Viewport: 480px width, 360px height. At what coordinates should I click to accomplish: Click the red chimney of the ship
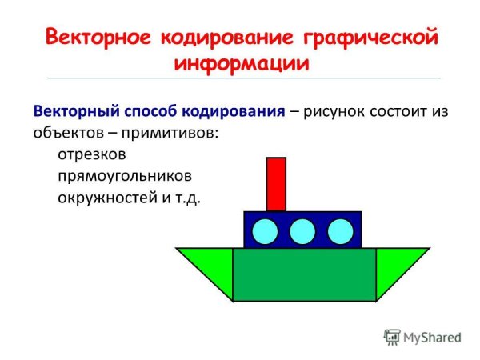[276, 184]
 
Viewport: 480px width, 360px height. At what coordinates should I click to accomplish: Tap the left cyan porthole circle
[266, 232]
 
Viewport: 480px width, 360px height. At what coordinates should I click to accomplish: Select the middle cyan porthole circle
[302, 232]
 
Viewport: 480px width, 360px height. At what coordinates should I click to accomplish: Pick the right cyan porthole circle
[340, 232]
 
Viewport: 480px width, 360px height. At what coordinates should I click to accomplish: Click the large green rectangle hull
[304, 274]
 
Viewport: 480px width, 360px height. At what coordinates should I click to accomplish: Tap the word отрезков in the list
[92, 153]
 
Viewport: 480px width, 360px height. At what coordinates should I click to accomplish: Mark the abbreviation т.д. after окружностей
[186, 197]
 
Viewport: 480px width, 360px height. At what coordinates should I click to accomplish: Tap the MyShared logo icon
[391, 337]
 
